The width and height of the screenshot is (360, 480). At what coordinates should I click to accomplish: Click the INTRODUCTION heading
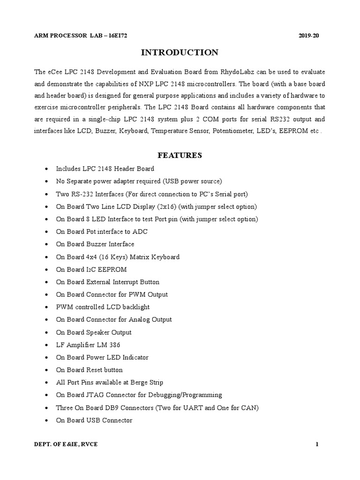pos(180,52)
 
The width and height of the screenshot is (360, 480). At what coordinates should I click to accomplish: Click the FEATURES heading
pos(180,155)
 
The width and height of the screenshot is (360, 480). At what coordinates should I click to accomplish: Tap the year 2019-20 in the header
pos(308,36)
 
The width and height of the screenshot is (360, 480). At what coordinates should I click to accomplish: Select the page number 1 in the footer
pos(317,445)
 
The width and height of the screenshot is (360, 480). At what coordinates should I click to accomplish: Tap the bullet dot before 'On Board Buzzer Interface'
pos(45,244)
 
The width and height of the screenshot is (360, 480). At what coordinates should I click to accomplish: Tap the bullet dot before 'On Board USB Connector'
pos(45,420)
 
